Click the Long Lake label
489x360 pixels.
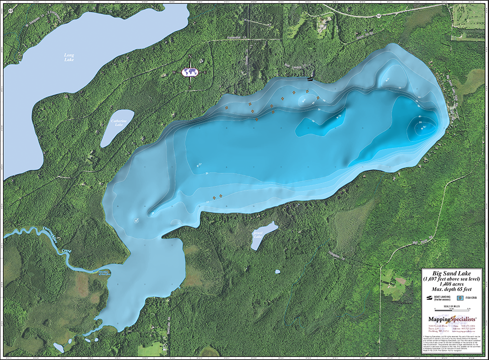pyautogui.click(x=69, y=57)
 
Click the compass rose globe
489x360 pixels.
pyautogui.click(x=190, y=72)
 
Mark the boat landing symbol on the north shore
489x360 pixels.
pyautogui.click(x=309, y=78)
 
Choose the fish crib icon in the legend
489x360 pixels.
pyautogui.click(x=459, y=297)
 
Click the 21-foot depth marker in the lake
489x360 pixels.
pyautogui.click(x=199, y=165)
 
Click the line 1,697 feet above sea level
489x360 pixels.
pyautogui.click(x=451, y=278)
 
